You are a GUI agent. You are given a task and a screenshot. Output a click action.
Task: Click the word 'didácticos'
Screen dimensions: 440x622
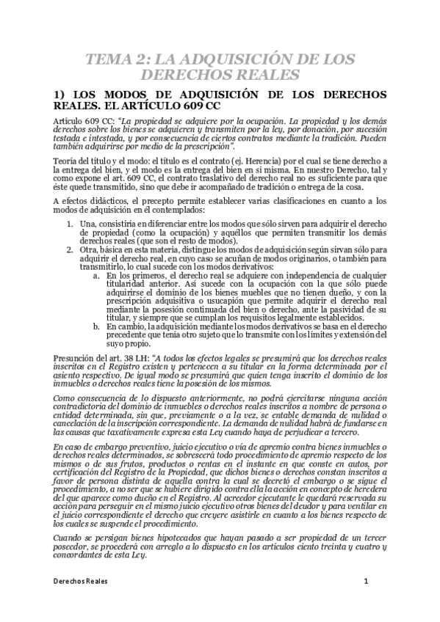[x=107, y=200]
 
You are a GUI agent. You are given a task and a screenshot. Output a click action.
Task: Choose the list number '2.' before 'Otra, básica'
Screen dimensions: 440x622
[x=71, y=249]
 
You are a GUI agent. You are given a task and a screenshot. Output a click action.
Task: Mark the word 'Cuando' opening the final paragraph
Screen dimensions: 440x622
[x=68, y=537]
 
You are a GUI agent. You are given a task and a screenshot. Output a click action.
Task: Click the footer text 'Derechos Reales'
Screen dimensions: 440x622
[x=81, y=580]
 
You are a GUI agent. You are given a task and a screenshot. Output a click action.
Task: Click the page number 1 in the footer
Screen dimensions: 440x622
[x=365, y=580]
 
